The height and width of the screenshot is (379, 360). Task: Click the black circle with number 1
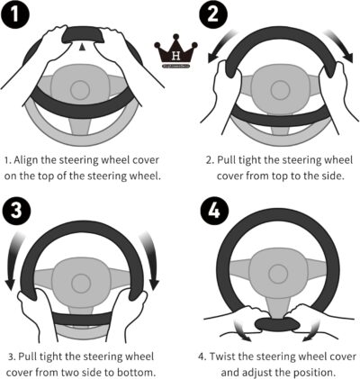15,14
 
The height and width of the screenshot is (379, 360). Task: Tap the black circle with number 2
213,14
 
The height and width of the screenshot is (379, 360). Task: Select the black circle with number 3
16,210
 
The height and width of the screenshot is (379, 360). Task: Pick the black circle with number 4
214,210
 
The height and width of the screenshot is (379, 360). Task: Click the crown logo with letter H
175,54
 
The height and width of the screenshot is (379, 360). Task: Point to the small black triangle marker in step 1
83,47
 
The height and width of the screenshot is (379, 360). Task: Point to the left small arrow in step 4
242,330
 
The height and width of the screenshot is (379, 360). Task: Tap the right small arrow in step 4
311,330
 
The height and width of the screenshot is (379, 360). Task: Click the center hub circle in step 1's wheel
80,90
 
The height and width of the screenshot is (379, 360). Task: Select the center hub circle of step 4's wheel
278,274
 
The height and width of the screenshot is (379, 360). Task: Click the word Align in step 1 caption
26,160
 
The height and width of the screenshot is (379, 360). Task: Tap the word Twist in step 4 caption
222,356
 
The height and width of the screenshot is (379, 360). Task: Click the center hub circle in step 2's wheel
280,90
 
